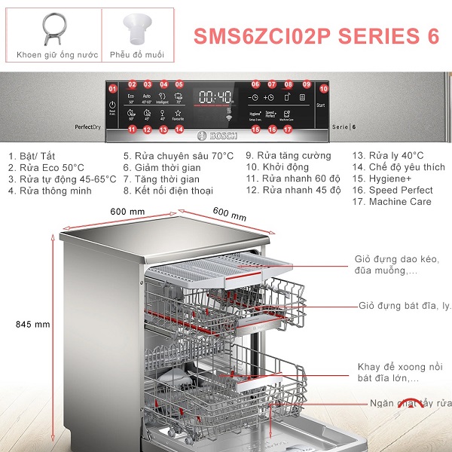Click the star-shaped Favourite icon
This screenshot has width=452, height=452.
click(x=179, y=113)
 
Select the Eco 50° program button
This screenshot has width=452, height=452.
click(x=130, y=98)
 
